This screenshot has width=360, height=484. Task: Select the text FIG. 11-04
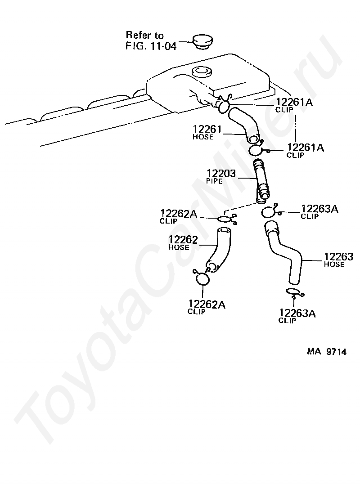(151, 45)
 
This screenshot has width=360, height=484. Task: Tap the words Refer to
(145, 35)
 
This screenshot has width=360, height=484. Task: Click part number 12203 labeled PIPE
(221, 173)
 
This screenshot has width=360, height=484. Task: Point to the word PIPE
(215, 180)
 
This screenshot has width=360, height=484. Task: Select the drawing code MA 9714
(327, 352)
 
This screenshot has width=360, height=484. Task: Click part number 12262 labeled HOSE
(183, 240)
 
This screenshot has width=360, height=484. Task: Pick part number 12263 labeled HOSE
(338, 257)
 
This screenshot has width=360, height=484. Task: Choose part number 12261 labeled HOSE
(207, 130)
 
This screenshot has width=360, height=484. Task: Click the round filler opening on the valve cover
(201, 71)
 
